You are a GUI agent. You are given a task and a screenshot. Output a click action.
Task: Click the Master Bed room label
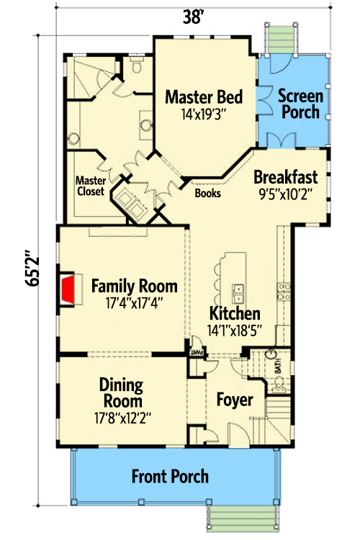(203, 96)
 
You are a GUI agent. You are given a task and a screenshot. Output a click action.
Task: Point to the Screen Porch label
(300, 103)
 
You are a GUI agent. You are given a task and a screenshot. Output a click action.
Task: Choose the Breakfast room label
(290, 176)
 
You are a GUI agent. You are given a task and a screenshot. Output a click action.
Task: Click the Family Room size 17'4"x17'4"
(135, 303)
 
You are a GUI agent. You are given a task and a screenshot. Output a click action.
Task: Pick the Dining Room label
(121, 392)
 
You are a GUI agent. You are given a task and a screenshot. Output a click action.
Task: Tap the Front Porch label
(170, 476)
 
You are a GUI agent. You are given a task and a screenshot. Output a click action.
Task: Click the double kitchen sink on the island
(238, 294)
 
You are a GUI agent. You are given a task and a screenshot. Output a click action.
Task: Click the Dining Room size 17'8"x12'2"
(121, 417)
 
